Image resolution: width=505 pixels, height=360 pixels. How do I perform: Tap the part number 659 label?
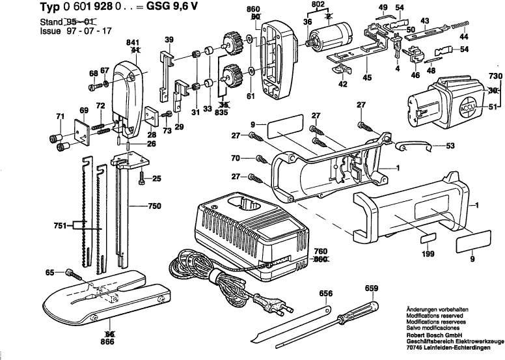pos(371,288)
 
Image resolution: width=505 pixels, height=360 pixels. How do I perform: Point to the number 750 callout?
pos(155,206)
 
